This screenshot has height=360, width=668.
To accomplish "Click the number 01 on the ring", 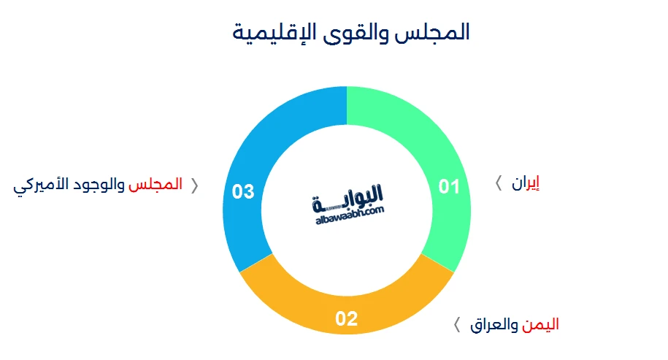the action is pos(449,187).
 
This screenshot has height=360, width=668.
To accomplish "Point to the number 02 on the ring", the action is pos(346,318).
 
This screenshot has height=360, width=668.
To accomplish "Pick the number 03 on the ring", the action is pos(243,192).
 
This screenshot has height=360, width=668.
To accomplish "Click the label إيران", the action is pos(526,183).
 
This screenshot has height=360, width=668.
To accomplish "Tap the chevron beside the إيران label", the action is pos(499,183).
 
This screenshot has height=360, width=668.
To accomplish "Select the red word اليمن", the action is pos(540,325).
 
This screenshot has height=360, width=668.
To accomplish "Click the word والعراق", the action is pos(494,325).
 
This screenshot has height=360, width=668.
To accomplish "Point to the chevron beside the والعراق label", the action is pos(457,325).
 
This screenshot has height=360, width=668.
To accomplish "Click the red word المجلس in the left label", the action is pos(156,184).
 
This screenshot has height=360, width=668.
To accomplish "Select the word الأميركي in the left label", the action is pos(41,185).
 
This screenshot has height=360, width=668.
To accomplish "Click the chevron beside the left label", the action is pos(195,185).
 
